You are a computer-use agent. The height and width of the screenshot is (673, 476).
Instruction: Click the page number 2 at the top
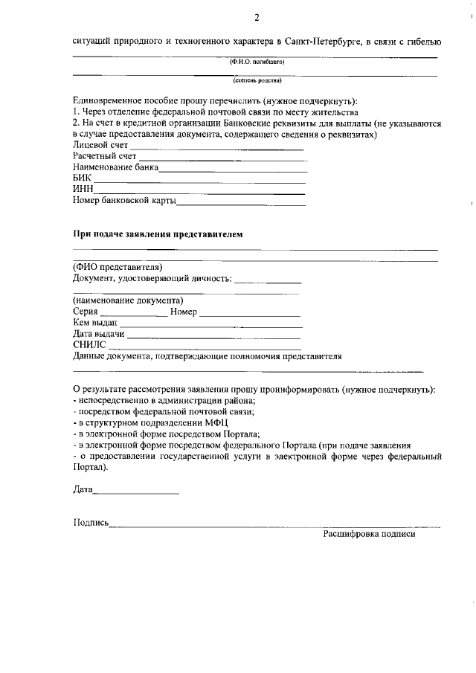[x=257, y=18]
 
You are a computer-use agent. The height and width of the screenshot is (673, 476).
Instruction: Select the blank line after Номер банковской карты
[x=241, y=202]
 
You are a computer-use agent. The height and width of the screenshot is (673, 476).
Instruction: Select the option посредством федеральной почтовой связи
[x=164, y=411]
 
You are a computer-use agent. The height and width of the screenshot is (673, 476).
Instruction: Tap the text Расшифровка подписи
[x=369, y=534]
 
